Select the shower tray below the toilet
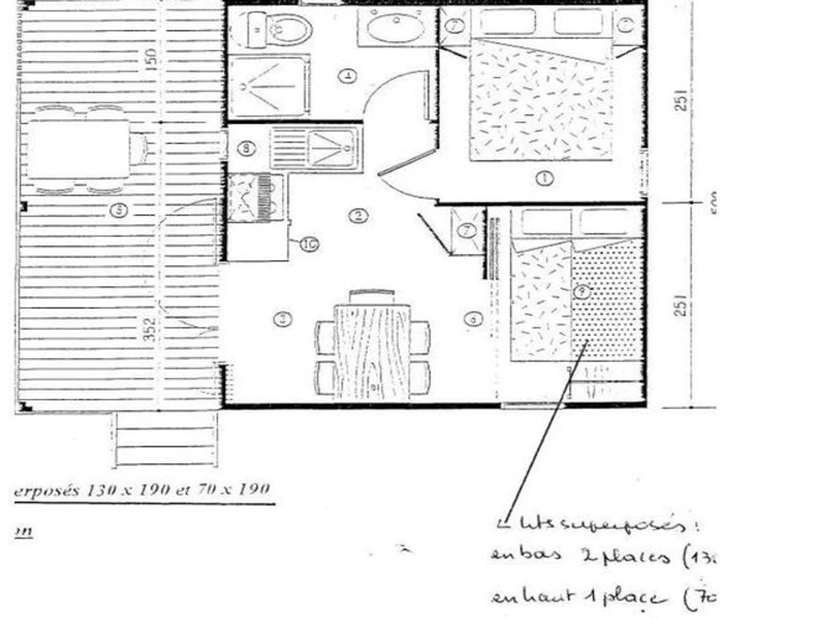pyautogui.click(x=269, y=87)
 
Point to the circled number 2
pyautogui.click(x=357, y=216)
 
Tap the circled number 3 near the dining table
pyautogui.click(x=282, y=318)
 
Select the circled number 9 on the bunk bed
pyautogui.click(x=582, y=291)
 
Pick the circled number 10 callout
pyautogui.click(x=309, y=243)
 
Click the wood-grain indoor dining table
pyautogui.click(x=372, y=351)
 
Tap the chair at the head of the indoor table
pyautogui.click(x=372, y=296)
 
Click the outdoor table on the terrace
pyautogui.click(x=78, y=149)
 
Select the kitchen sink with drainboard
pyautogui.click(x=315, y=148)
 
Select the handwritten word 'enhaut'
pyautogui.click(x=519, y=598)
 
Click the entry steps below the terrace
pyautogui.click(x=165, y=438)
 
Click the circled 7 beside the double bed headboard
pyautogui.click(x=455, y=26)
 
